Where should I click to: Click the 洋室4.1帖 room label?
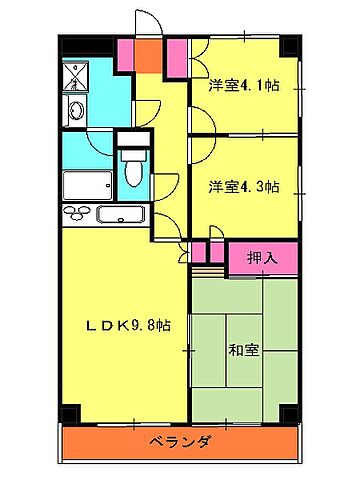pos(244,87)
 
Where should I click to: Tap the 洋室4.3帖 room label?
pos(244,186)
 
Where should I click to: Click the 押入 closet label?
pos(264,257)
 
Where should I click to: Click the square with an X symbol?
pos(76,76)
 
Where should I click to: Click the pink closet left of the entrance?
pos(125,55)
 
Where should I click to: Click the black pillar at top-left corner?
pos(68,47)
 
